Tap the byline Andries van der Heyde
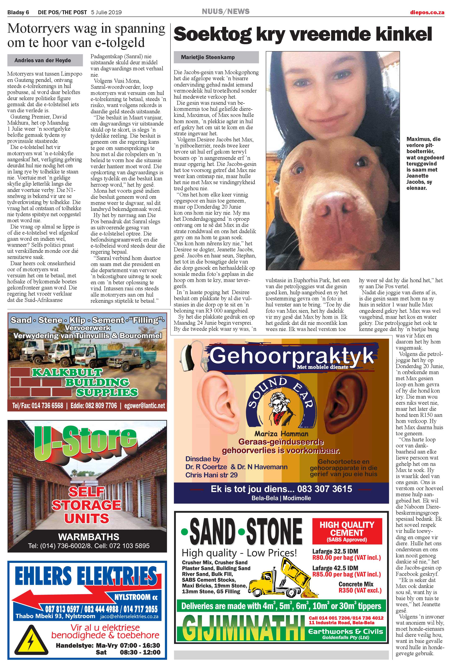43,60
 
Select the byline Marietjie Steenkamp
208,57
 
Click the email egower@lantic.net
145,406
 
